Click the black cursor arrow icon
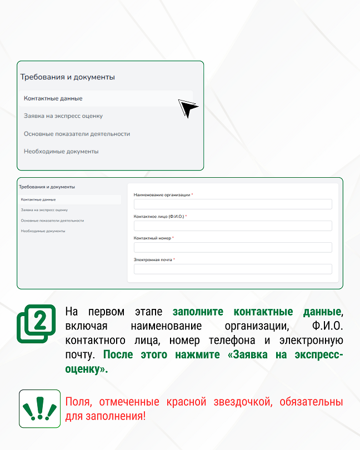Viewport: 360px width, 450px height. [x=188, y=108]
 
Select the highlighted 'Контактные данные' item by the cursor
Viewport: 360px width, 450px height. [x=53, y=98]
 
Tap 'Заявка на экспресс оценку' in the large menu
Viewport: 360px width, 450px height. [x=63, y=116]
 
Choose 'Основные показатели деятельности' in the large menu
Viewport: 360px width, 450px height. [x=77, y=134]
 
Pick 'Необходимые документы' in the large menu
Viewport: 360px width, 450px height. [x=61, y=151]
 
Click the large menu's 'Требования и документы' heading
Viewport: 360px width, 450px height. [x=68, y=77]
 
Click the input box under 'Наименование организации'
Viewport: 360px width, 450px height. [x=233, y=204]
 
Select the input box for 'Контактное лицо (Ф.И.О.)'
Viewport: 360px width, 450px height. [x=233, y=226]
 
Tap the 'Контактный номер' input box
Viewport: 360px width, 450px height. [x=233, y=247]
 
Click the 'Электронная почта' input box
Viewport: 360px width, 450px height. [x=233, y=269]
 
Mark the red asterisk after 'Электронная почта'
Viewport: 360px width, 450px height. [x=174, y=259]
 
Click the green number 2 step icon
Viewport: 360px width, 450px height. [x=37, y=323]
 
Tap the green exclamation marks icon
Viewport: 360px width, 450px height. [x=39, y=408]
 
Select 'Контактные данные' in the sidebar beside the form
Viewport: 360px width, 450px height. [x=38, y=199]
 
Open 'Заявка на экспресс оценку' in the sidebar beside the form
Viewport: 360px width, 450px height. [x=44, y=210]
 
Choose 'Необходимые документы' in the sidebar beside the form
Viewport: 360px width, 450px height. [x=43, y=231]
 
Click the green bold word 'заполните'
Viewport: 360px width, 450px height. [x=200, y=311]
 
